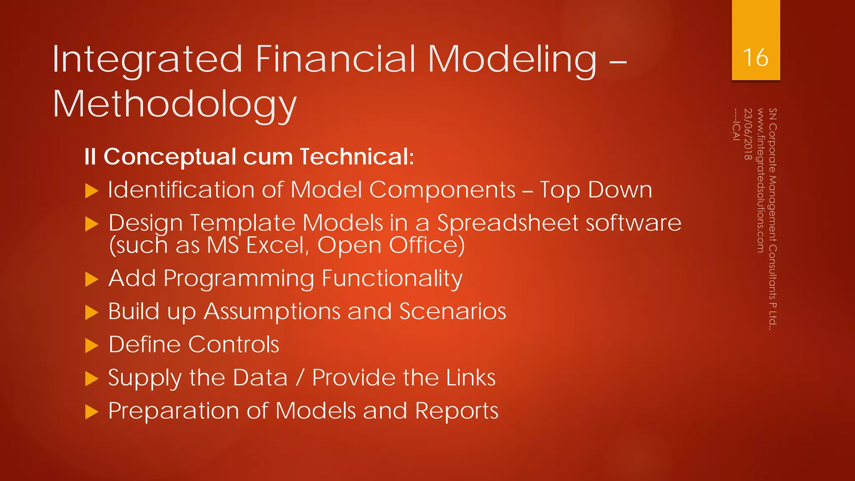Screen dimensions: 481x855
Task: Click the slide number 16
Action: [x=756, y=58]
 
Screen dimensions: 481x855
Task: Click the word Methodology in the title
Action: [x=175, y=104]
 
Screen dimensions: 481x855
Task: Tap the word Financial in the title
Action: [x=336, y=59]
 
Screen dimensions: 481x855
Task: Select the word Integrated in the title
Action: [x=147, y=59]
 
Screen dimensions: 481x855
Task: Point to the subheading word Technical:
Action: [x=357, y=157]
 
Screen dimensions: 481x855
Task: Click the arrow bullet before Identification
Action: [x=91, y=191]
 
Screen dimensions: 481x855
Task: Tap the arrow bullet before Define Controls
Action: [x=91, y=345]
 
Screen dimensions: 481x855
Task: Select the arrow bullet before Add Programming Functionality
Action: [x=91, y=279]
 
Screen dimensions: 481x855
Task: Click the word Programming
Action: [x=239, y=279]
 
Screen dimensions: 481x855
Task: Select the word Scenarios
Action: [x=453, y=311]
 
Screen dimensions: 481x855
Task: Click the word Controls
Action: [x=233, y=344]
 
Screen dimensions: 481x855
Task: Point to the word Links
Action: [x=471, y=377]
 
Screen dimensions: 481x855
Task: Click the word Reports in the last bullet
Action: [x=457, y=411]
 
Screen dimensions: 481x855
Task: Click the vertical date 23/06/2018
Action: [x=748, y=134]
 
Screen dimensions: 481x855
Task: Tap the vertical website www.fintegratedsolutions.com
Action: [x=760, y=180]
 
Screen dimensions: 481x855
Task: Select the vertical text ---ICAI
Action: [x=736, y=124]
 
